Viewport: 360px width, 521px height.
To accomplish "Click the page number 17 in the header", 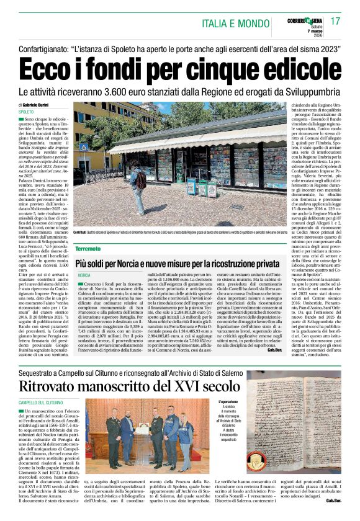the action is (x=335, y=22).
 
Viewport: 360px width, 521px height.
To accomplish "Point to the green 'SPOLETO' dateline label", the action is (x=26, y=112).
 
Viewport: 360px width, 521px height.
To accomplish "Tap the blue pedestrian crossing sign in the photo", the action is (x=83, y=148).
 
